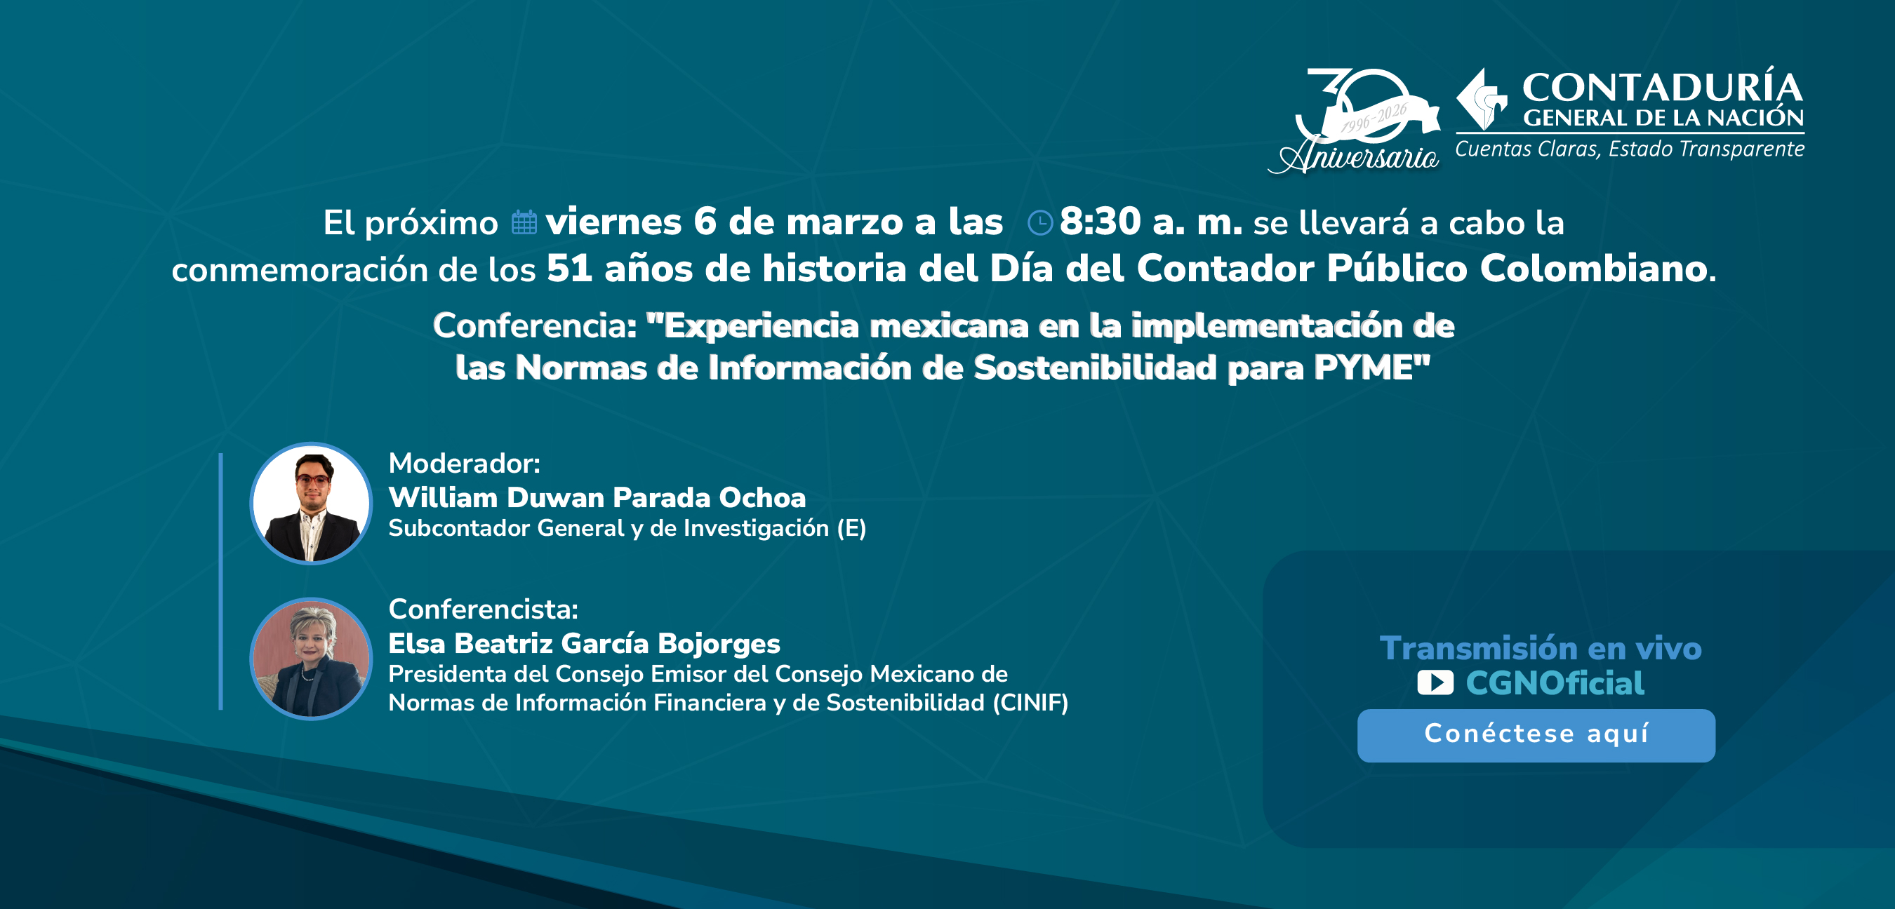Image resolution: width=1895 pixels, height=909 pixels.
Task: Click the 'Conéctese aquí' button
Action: coord(1536,734)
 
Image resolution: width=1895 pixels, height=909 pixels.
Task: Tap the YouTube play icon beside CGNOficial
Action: coord(1435,683)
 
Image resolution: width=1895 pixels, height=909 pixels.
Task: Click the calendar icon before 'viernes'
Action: coord(524,223)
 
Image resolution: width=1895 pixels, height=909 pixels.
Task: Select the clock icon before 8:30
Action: coord(1039,223)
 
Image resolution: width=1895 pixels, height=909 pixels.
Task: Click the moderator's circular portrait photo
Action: coord(311,504)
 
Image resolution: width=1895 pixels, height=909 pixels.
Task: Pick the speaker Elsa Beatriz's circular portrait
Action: coord(311,658)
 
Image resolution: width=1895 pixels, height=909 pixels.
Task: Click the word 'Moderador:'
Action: coord(464,464)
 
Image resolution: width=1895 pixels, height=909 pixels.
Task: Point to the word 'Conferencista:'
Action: coord(484,609)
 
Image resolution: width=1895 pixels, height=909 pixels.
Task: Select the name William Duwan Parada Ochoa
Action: coord(597,498)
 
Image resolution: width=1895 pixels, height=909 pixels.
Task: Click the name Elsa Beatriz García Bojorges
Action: coord(584,643)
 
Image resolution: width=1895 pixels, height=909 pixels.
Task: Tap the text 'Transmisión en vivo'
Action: coord(1541,649)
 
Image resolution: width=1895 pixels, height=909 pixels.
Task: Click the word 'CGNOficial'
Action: coord(1555,683)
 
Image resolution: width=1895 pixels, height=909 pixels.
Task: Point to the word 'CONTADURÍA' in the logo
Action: coord(1662,88)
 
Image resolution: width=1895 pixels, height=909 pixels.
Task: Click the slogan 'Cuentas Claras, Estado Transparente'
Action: coord(1630,149)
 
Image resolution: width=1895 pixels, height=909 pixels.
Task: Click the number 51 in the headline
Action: coord(568,269)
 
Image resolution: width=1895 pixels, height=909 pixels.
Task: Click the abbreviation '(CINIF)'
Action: coord(1030,703)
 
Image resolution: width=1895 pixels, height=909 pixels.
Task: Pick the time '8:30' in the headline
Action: coord(1100,222)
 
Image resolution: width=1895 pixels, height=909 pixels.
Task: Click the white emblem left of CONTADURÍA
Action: coord(1481,100)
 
